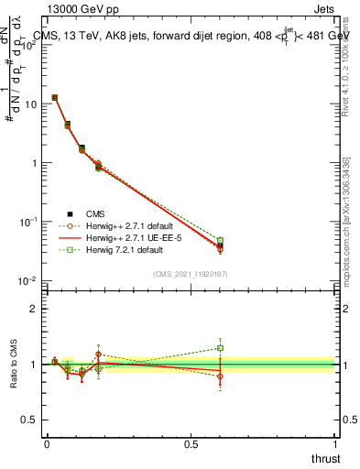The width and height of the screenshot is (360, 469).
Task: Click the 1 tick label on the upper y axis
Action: (x=33, y=163)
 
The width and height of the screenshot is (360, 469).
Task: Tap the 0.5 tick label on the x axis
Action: (x=191, y=443)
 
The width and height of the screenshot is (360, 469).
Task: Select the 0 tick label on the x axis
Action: (x=47, y=443)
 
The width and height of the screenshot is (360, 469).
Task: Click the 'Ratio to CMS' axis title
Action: (x=15, y=364)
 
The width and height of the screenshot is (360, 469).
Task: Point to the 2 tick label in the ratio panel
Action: (x=34, y=309)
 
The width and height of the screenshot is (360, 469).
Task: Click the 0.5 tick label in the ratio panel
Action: (x=30, y=420)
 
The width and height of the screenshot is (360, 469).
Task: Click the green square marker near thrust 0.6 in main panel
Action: (x=220, y=241)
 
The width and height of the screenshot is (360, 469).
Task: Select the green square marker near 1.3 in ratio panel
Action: (x=220, y=348)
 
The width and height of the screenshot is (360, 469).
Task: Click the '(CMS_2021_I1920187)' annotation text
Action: (x=191, y=273)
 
